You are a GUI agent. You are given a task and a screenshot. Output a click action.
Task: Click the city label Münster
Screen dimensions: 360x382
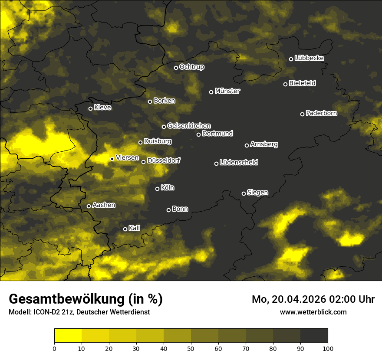(227, 91)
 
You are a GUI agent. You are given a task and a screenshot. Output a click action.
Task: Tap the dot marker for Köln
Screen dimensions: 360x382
(157, 189)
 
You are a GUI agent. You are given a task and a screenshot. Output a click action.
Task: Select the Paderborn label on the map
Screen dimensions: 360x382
(321, 113)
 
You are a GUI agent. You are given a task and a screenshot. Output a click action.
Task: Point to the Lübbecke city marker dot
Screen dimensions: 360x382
(291, 59)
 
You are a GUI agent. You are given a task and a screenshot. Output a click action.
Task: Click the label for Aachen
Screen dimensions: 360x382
(104, 205)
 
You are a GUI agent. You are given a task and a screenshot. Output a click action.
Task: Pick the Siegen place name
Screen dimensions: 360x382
(257, 192)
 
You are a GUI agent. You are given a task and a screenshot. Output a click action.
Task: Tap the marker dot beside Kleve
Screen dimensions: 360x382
(90, 108)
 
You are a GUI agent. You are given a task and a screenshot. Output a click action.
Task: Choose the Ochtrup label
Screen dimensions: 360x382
(191, 67)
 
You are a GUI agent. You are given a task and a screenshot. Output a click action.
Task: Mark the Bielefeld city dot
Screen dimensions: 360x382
(285, 84)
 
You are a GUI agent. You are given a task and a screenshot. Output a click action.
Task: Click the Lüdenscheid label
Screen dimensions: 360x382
(239, 162)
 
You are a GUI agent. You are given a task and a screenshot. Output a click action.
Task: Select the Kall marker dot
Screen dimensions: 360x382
(125, 229)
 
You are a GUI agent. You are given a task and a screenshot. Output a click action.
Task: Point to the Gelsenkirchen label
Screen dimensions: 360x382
(189, 126)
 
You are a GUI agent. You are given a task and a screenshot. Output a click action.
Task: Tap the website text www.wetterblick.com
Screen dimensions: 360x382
(313, 312)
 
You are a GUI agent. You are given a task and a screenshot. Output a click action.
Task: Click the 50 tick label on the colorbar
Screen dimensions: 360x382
(191, 348)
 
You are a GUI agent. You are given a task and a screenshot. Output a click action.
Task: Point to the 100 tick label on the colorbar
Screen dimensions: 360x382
(328, 348)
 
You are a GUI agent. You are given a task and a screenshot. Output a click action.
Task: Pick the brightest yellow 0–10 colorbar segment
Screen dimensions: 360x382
(68, 335)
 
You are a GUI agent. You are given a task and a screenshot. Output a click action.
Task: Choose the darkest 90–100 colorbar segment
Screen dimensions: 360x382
(314, 335)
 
